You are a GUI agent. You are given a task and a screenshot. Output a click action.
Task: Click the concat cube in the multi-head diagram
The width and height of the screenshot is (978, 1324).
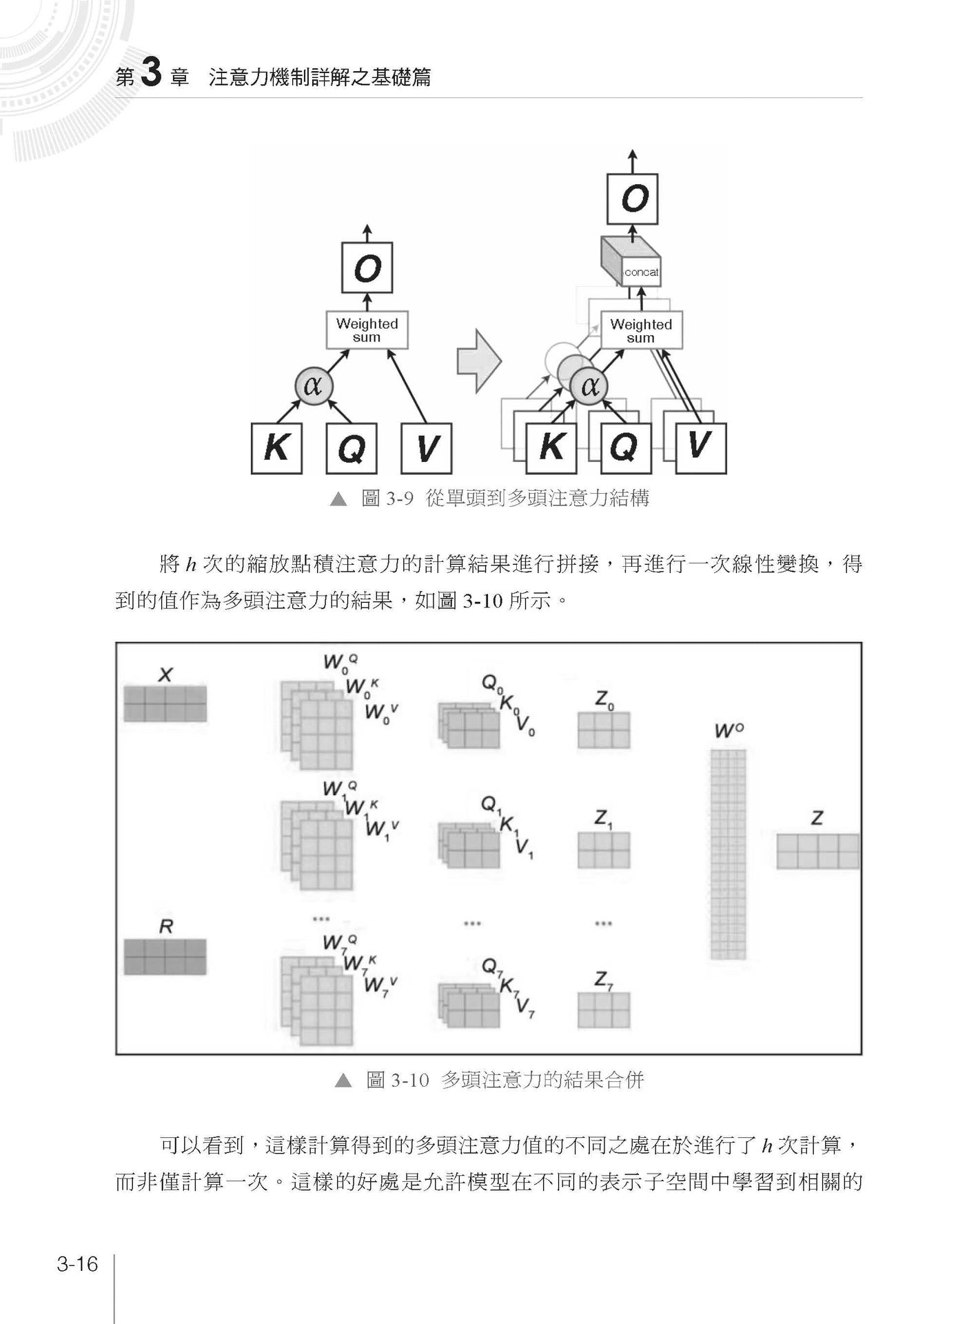point(630,261)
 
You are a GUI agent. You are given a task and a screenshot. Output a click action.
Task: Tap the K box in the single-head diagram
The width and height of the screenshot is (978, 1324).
point(276,448)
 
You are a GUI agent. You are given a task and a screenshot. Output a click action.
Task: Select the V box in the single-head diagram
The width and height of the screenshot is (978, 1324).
point(426,448)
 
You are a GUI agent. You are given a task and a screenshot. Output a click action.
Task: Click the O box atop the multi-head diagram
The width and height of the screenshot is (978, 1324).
point(633,199)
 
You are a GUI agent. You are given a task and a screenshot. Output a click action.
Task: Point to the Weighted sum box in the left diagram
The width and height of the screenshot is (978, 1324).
point(367,330)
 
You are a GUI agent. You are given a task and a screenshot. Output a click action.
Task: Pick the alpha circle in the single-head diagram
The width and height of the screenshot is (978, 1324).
point(314,386)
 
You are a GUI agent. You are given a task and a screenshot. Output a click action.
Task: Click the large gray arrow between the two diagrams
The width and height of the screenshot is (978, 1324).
point(479,360)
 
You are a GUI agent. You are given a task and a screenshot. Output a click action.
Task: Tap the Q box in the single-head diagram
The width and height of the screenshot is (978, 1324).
point(351,448)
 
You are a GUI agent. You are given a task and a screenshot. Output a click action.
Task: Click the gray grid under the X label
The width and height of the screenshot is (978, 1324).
point(165,704)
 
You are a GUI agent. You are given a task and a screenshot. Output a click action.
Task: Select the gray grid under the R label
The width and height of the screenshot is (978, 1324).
point(165,956)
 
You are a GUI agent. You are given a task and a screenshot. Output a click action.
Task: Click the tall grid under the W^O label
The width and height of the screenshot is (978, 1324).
point(729,854)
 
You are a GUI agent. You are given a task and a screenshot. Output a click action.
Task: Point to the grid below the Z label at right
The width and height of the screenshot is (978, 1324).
point(818,852)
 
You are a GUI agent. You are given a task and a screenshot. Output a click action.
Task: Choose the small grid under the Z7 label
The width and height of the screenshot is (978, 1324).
point(604,1010)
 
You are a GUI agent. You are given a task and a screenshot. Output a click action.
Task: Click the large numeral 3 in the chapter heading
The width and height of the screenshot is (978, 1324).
point(150,72)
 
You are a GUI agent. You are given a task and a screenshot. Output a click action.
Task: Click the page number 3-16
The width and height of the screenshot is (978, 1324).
point(78,1265)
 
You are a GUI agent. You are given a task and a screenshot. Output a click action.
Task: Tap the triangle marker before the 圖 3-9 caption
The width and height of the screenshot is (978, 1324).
point(338,499)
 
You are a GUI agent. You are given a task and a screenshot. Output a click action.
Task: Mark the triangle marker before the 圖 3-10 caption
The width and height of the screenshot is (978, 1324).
point(343,1081)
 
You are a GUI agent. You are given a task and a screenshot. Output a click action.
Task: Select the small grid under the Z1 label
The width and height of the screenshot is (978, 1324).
point(604,850)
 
